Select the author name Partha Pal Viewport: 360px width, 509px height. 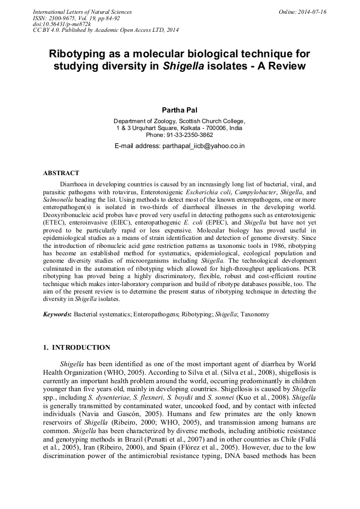179,110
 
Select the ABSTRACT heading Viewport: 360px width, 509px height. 61,173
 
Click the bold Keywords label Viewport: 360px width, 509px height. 57,314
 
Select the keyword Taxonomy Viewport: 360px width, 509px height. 254,314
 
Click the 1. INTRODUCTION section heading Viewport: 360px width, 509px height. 76,348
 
